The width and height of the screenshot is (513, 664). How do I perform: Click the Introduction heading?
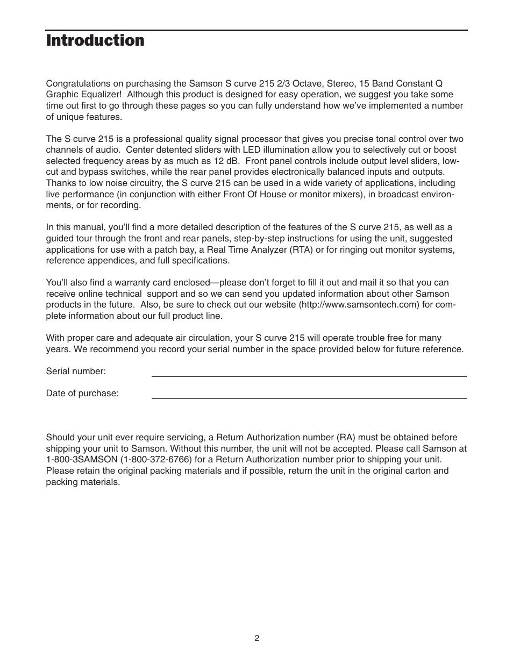click(x=95, y=41)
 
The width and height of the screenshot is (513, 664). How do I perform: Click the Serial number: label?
click(x=76, y=372)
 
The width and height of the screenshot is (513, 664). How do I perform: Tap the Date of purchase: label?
click(x=82, y=394)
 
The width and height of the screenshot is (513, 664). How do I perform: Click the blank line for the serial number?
click(x=309, y=376)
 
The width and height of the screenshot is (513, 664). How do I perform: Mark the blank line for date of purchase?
click(x=309, y=398)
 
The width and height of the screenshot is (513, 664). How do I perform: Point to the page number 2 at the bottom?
click(x=257, y=638)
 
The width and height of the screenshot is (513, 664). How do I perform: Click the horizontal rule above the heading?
click(x=256, y=30)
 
